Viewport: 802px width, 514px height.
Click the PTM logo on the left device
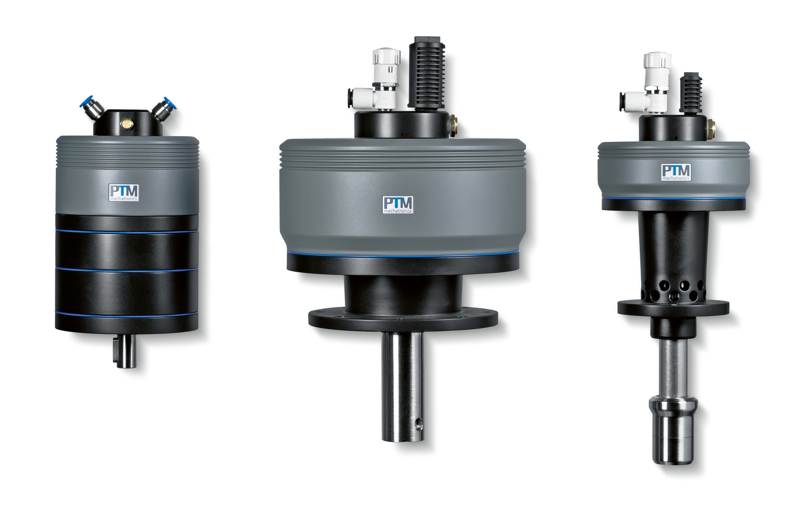point(124,193)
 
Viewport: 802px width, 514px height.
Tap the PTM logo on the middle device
point(398,205)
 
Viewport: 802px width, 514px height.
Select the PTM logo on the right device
point(676,172)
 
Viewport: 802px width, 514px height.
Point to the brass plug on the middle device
point(453,125)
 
